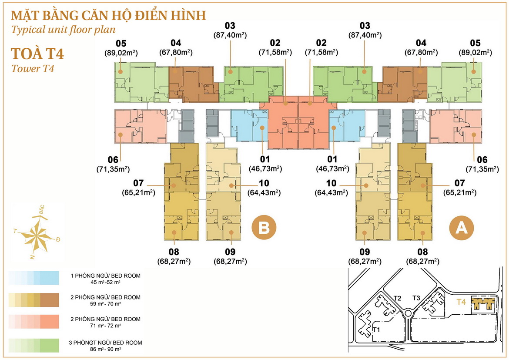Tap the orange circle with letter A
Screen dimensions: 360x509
tap(462, 227)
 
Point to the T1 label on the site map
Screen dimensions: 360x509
tap(376, 330)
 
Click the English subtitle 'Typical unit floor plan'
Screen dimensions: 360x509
tap(64, 30)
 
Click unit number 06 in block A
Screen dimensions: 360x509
tap(482, 159)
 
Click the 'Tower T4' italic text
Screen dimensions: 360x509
tap(32, 69)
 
